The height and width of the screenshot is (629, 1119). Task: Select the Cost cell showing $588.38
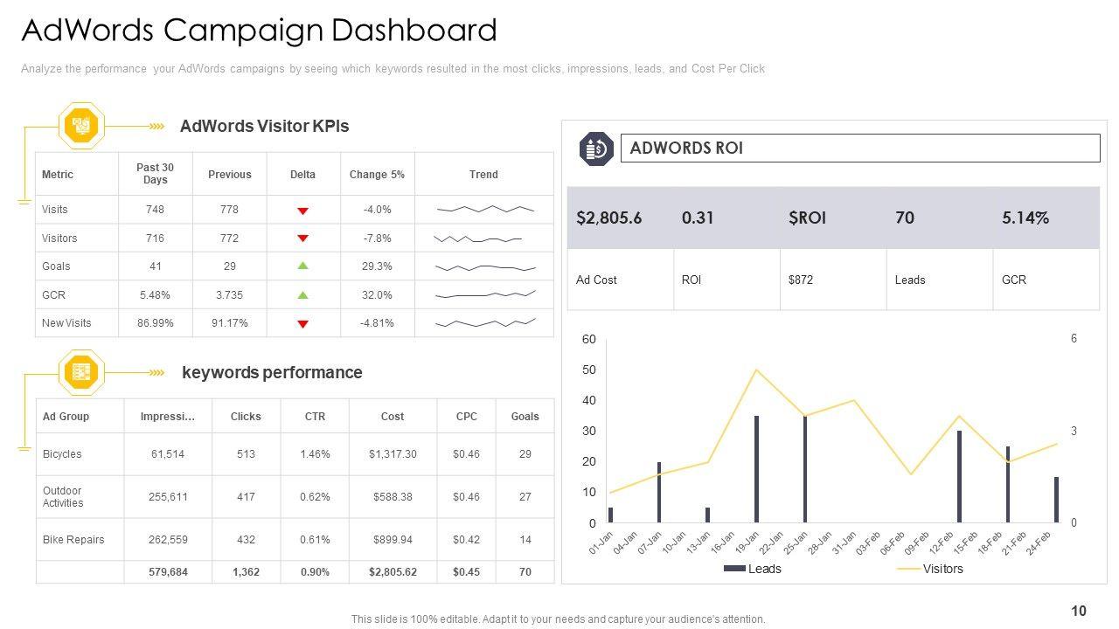[393, 496]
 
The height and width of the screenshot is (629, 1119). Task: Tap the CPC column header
[466, 417]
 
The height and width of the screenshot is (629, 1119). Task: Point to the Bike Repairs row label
[73, 540]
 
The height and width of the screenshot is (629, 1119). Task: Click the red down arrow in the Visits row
[302, 211]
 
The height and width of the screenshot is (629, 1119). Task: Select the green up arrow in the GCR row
[302, 295]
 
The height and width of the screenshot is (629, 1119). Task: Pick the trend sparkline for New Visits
[484, 323]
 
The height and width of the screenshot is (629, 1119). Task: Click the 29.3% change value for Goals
[377, 266]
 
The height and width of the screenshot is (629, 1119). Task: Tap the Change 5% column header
[377, 175]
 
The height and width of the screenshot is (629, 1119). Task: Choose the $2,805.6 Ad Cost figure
[608, 218]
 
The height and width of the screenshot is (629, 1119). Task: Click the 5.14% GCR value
[1025, 218]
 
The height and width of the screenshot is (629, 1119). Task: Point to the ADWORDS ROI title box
[859, 149]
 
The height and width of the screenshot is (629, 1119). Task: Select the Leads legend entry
[753, 569]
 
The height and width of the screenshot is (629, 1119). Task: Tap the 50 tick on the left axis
[590, 370]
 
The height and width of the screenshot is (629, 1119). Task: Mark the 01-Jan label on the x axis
[601, 542]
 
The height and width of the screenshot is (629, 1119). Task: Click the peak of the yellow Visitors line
[756, 370]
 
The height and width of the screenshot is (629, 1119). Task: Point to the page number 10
[1078, 612]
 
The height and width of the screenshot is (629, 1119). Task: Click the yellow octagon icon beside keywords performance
[81, 373]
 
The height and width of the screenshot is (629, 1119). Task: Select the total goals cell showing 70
[525, 572]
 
